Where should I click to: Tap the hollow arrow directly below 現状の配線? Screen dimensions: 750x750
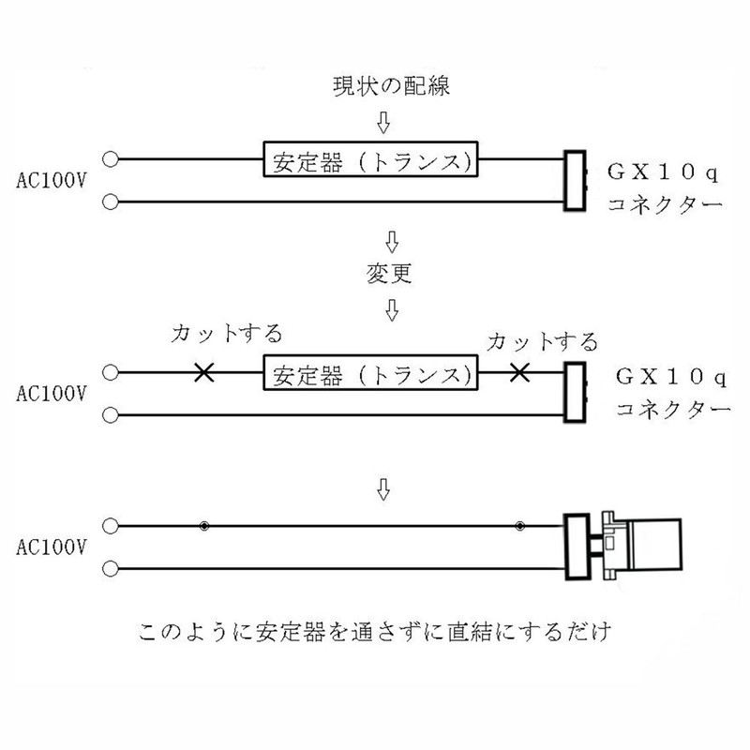[384, 123]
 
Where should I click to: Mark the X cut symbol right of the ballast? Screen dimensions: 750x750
[517, 373]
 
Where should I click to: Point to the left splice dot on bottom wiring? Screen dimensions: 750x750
[203, 526]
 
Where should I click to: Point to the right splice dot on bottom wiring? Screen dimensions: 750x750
[518, 526]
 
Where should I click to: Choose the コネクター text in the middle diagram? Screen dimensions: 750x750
[669, 410]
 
